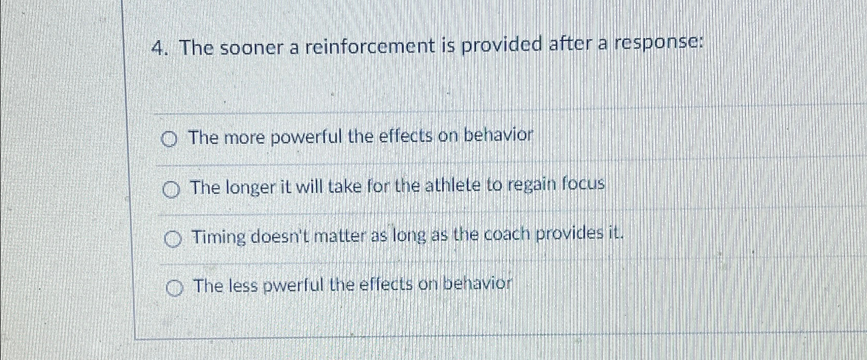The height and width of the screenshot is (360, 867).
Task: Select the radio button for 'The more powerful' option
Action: tap(169, 139)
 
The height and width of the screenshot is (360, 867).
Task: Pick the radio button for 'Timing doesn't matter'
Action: tap(173, 239)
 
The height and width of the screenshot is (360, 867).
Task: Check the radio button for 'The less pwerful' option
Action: tap(175, 289)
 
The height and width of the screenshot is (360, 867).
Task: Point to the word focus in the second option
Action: tap(583, 184)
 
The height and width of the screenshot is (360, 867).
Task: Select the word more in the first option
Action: tap(245, 138)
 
